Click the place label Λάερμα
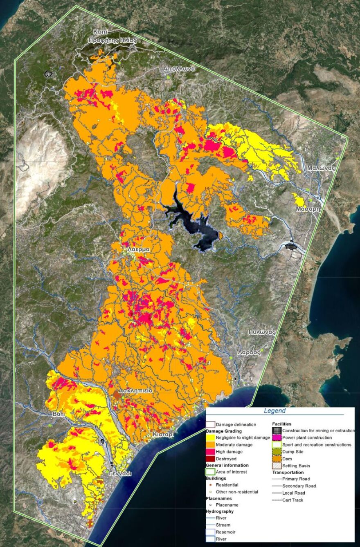point(138,249)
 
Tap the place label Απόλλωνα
point(179,69)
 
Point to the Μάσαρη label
point(308,209)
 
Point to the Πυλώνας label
point(262,332)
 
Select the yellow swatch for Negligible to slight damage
point(210,437)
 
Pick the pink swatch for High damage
point(210,452)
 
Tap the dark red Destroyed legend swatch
point(210,459)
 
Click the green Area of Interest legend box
point(210,472)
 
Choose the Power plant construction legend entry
point(307,437)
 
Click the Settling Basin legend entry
point(296,466)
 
